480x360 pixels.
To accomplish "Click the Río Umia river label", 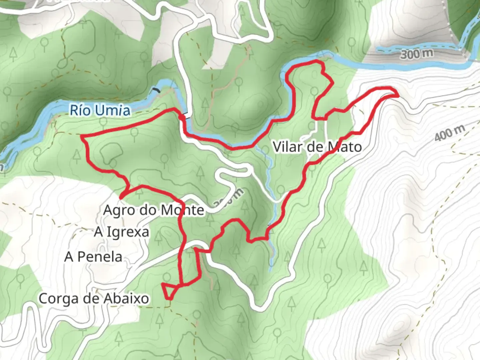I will tap(100, 110).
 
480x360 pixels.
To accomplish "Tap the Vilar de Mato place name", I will tap(317, 147).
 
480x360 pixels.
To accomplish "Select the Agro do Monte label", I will tap(153, 210).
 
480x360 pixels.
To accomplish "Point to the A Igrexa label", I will tap(121, 232).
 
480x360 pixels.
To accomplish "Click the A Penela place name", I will tap(93, 257).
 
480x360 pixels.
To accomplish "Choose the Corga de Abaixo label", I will tap(94, 298).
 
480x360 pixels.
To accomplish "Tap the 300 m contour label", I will tap(417, 53).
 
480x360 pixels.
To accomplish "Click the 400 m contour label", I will tap(449, 133).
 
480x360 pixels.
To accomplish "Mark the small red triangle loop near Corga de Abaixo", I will tap(169, 290).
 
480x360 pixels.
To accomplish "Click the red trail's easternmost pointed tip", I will tap(398, 95).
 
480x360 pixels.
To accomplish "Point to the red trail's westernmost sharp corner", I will tap(82, 136).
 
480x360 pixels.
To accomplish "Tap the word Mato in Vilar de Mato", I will tap(344, 147).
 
